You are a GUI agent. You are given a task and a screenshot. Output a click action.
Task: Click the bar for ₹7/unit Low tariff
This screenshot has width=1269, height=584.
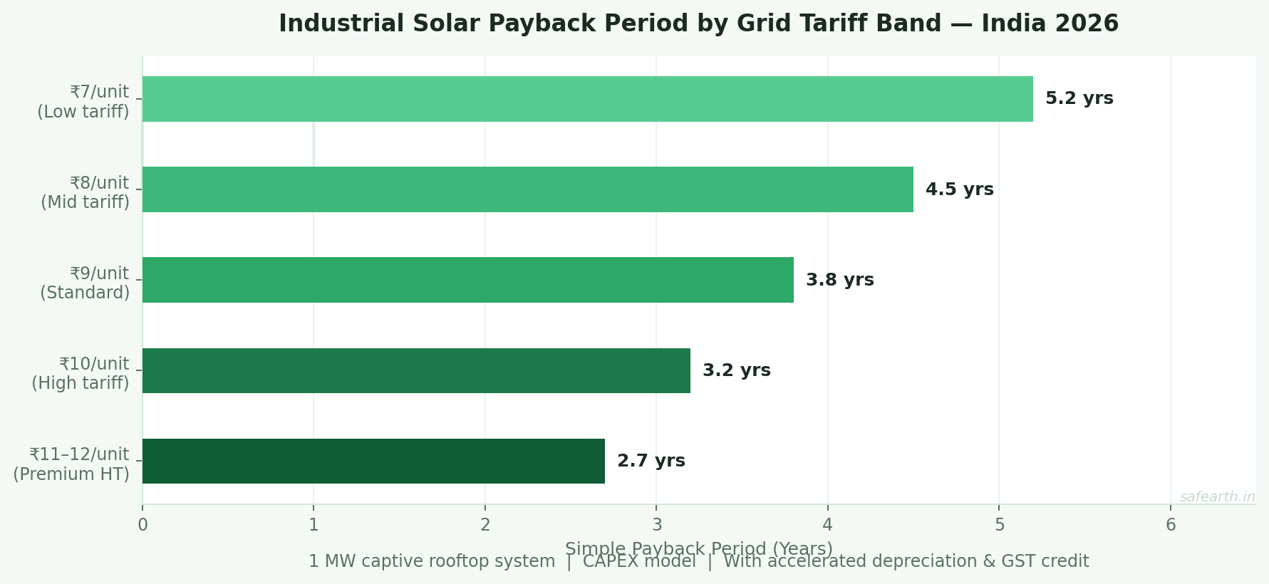(x=587, y=99)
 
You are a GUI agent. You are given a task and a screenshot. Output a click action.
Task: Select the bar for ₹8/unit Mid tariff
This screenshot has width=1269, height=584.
(x=527, y=189)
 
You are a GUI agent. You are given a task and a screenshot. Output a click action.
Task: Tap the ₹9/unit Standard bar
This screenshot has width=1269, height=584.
(x=467, y=280)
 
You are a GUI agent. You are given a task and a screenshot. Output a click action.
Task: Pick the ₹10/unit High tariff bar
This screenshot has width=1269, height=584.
(x=416, y=370)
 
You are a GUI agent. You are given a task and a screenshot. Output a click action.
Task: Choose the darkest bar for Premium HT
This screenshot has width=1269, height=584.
(x=373, y=461)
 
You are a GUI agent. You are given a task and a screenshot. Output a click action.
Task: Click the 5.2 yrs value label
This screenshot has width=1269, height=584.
(x=1079, y=99)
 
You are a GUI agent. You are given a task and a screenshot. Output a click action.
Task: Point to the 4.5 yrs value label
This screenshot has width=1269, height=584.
(x=959, y=189)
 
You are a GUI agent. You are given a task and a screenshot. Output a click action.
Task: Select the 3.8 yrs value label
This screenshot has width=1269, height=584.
(x=839, y=280)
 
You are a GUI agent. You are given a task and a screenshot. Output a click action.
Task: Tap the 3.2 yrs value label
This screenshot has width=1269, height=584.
(x=736, y=370)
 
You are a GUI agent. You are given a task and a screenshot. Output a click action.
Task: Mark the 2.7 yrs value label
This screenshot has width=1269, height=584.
(x=651, y=461)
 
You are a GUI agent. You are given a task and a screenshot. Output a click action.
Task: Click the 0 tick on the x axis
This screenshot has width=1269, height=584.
(x=143, y=526)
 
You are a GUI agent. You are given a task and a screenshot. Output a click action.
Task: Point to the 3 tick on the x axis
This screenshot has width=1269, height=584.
(x=656, y=526)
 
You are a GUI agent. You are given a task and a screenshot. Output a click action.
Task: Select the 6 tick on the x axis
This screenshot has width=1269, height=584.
(x=1171, y=526)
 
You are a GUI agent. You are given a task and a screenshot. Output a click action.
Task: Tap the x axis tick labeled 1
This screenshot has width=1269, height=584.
(x=314, y=526)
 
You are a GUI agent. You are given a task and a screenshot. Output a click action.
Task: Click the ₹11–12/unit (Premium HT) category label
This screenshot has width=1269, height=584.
(x=71, y=464)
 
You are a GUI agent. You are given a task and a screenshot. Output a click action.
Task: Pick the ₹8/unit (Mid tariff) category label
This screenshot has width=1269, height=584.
(x=86, y=192)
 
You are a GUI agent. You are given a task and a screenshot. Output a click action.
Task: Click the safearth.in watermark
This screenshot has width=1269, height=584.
(x=1217, y=497)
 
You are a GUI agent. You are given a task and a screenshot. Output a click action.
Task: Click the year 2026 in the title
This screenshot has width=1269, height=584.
(x=1085, y=24)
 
